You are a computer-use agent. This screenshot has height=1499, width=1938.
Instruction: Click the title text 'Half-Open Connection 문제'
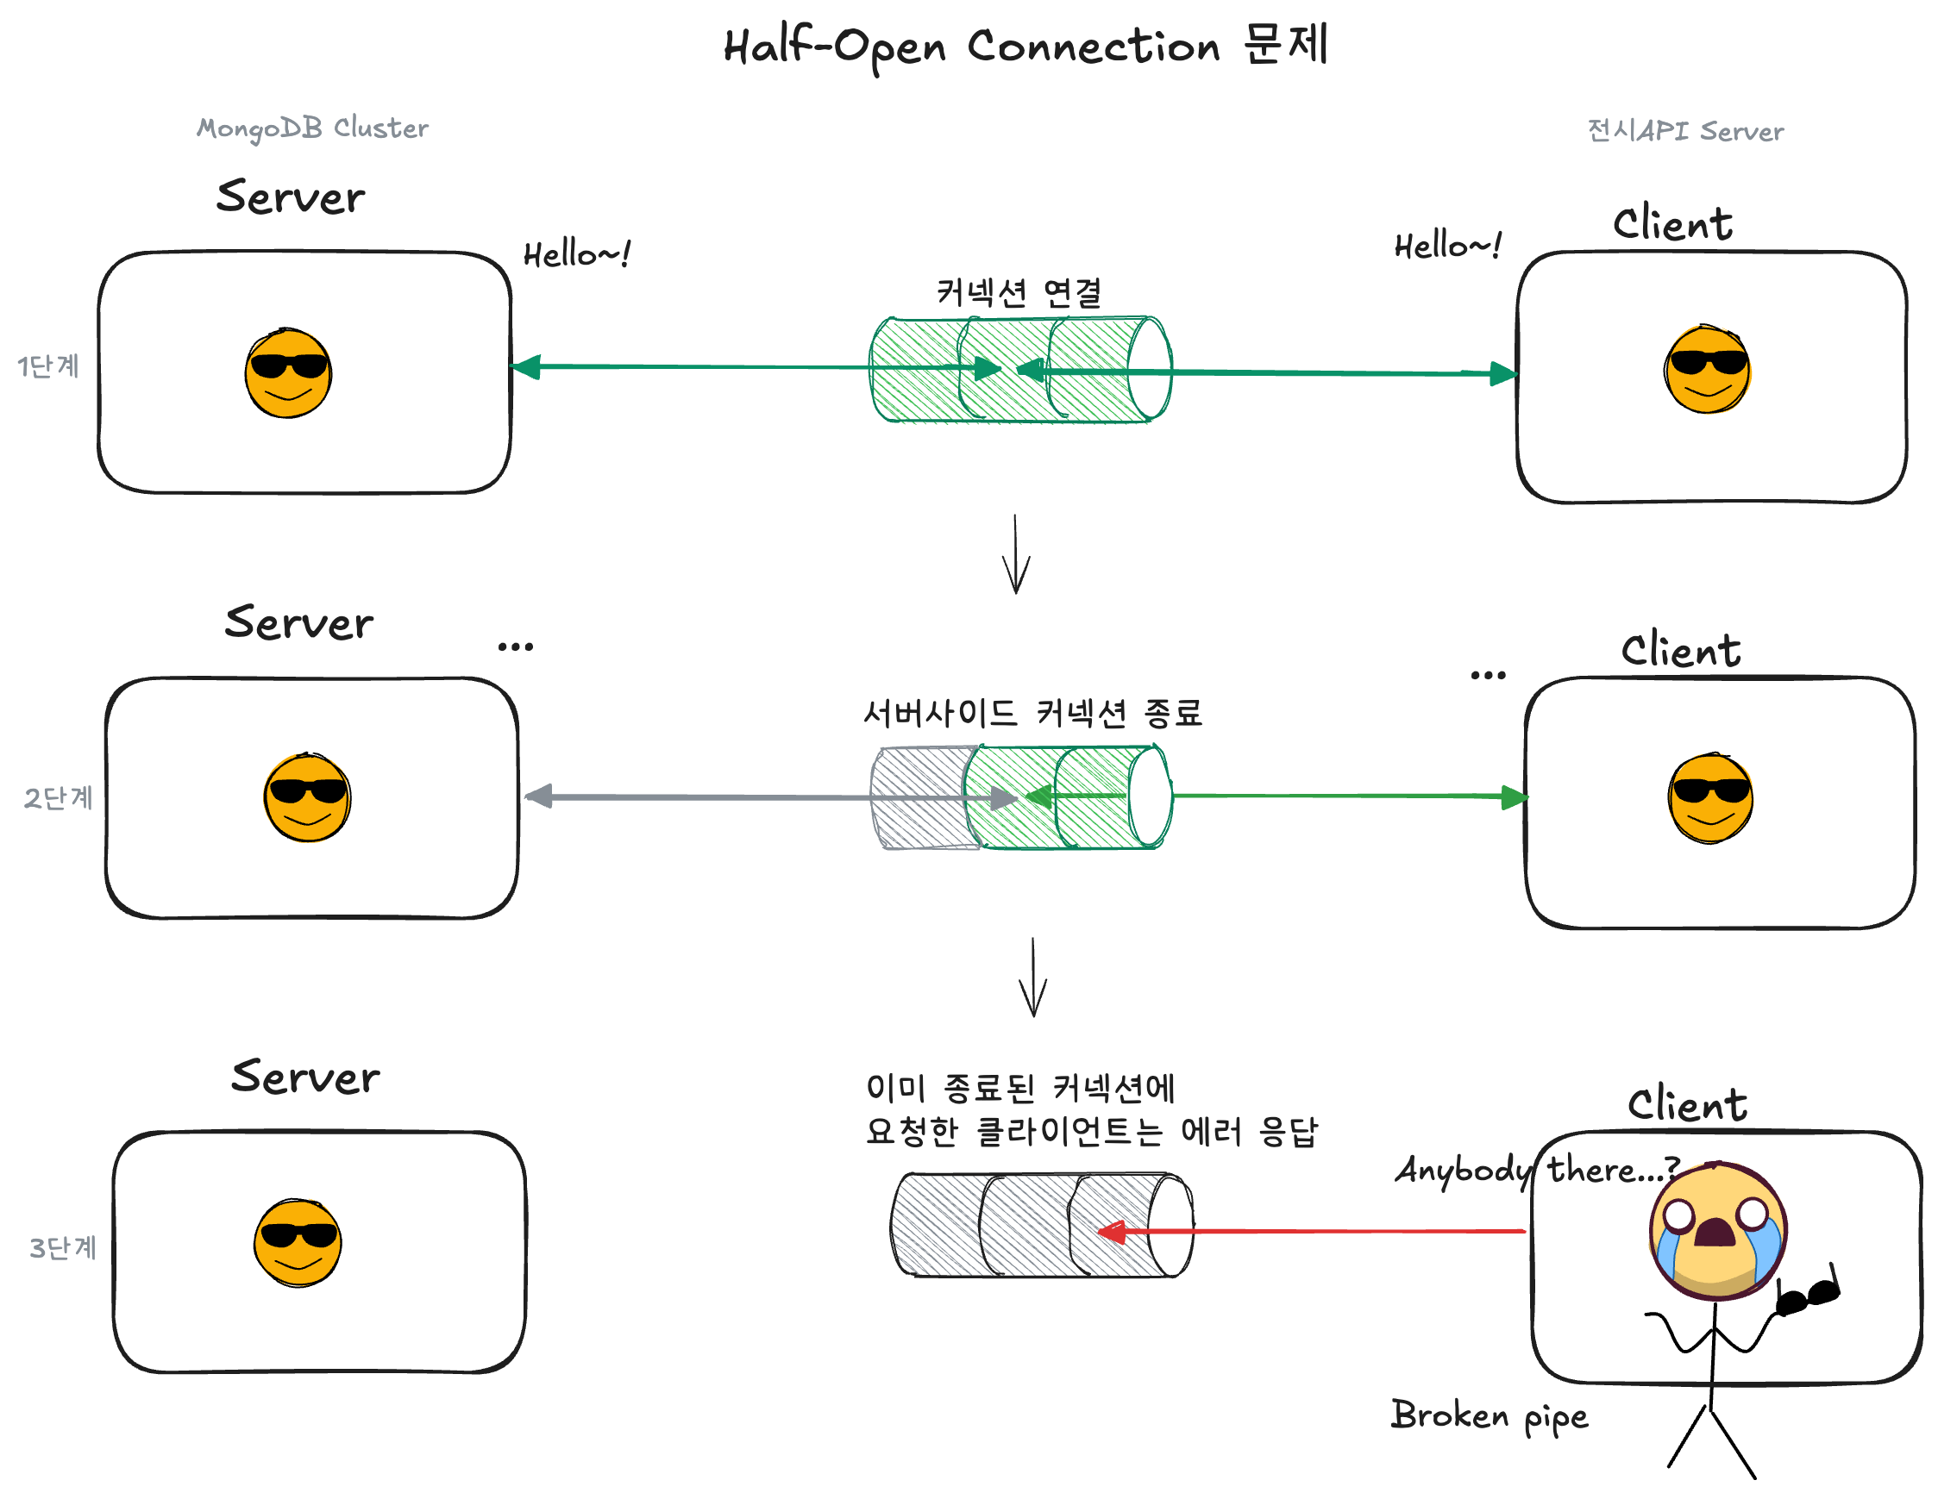pyautogui.click(x=1025, y=47)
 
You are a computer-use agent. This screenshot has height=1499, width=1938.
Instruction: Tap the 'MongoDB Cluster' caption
pyautogui.click(x=312, y=128)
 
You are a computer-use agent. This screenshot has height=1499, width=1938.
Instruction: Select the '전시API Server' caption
pyautogui.click(x=1684, y=131)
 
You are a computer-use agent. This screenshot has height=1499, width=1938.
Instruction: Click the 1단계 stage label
pyautogui.click(x=49, y=365)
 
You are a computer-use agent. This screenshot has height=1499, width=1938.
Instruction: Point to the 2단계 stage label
pyautogui.click(x=58, y=797)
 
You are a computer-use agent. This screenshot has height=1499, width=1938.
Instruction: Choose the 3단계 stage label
pyautogui.click(x=62, y=1247)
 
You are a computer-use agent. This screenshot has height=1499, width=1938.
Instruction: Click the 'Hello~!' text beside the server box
pyautogui.click(x=577, y=254)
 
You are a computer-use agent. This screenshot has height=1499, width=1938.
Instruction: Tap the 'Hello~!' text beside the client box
pyautogui.click(x=1447, y=246)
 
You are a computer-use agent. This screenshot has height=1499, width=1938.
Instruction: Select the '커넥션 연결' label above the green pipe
pyautogui.click(x=1019, y=292)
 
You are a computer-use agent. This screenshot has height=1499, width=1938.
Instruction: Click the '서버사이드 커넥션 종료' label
pyautogui.click(x=1032, y=712)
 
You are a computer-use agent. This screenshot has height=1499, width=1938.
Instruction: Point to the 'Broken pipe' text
pyautogui.click(x=1489, y=1415)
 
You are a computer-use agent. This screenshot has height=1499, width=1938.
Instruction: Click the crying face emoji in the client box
pyautogui.click(x=1718, y=1231)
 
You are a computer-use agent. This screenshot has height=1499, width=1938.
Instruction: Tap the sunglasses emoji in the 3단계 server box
pyautogui.click(x=298, y=1243)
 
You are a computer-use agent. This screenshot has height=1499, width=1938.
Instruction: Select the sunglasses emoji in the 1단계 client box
pyautogui.click(x=1708, y=369)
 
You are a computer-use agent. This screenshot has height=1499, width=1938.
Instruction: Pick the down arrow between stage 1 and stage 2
pyautogui.click(x=1016, y=554)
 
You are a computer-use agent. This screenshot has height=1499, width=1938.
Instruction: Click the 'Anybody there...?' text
pyautogui.click(x=1537, y=1170)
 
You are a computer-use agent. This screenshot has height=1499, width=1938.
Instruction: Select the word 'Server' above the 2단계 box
pyautogui.click(x=299, y=622)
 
